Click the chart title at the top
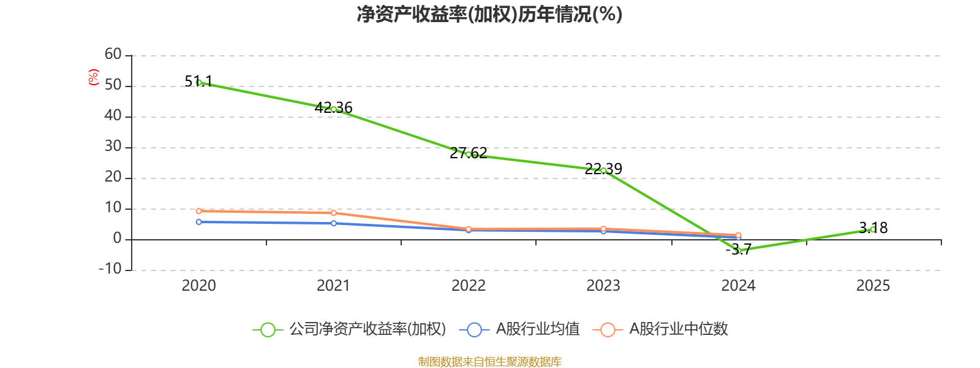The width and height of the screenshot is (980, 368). tap(489, 14)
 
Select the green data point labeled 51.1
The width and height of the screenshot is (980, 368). tap(199, 82)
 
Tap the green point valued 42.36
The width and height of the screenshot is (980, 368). tap(334, 109)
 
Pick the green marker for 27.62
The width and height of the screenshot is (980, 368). tap(469, 155)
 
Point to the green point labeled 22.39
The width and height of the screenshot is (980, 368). tap(603, 171)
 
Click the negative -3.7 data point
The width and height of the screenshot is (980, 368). tap(739, 251)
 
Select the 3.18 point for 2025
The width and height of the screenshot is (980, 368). tap(873, 229)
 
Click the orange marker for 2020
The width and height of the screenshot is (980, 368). tap(199, 211)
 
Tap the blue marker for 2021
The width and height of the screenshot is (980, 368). tap(334, 223)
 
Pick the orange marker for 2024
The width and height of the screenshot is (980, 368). tap(739, 236)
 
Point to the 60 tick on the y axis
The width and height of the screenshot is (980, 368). tap(113, 54)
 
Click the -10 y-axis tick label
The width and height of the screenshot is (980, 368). tap(110, 269)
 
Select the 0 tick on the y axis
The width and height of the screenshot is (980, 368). tap(117, 238)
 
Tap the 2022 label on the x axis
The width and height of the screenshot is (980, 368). tap(469, 286)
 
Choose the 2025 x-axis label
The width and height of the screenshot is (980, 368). tap(873, 286)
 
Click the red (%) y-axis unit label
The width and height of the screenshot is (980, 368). tap(94, 77)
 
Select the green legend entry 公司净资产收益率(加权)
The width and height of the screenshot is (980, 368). tap(350, 329)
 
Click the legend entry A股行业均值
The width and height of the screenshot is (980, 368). tap(520, 329)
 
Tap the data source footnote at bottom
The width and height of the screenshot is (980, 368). tap(490, 361)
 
